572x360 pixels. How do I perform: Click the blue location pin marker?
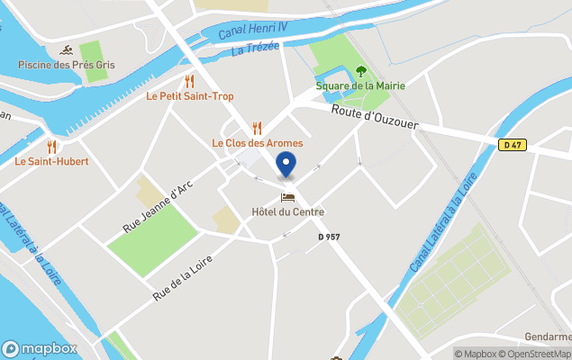point(286,166)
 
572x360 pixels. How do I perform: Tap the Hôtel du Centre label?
point(287,212)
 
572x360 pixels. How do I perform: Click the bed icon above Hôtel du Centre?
point(287,197)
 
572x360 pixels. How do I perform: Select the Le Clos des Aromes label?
point(257,143)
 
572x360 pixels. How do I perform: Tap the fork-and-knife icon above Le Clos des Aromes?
point(257,128)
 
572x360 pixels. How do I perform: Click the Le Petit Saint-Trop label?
point(190,96)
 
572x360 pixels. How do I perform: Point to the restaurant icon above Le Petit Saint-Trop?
point(190,81)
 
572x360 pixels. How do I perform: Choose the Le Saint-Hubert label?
point(50,162)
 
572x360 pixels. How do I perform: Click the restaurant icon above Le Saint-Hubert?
point(51,146)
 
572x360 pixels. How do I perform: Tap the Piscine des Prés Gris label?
point(67,65)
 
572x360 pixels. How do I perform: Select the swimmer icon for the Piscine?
point(67,49)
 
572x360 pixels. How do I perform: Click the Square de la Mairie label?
point(360,85)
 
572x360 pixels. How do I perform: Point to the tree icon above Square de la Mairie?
point(360,70)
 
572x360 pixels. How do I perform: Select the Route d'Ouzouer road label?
point(374,118)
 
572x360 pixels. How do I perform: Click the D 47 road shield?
point(513,145)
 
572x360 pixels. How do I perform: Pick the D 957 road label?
point(330,237)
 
